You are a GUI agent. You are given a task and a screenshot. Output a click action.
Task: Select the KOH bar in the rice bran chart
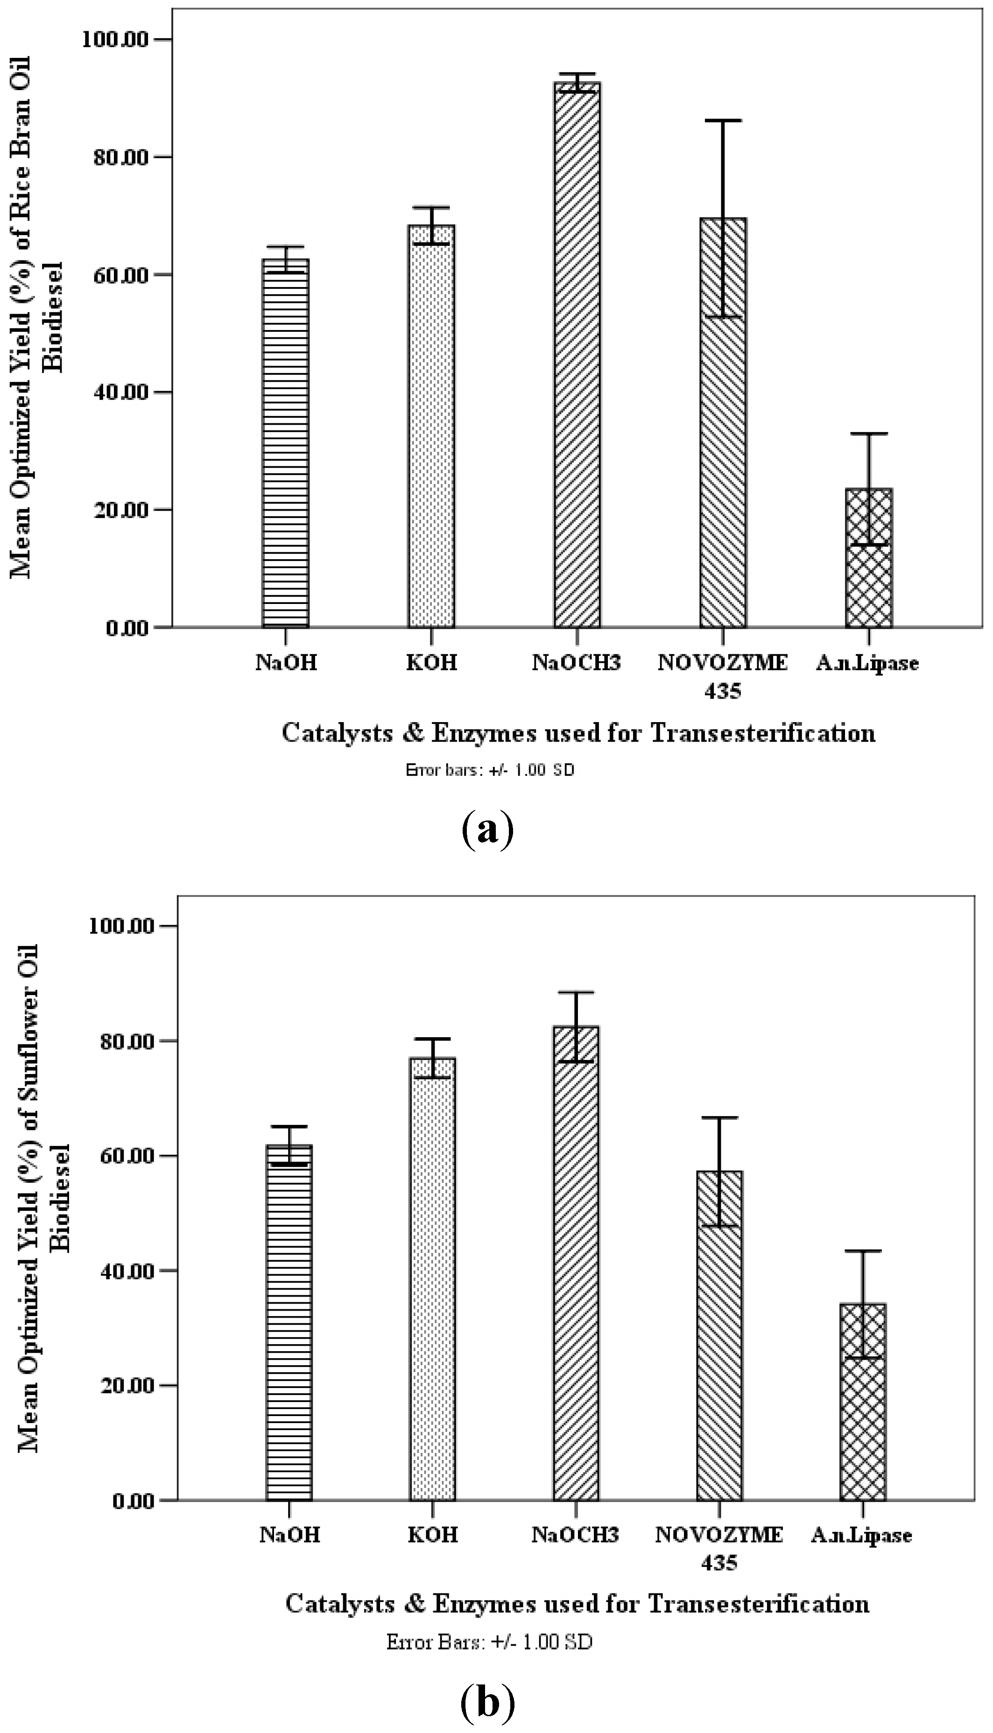432,426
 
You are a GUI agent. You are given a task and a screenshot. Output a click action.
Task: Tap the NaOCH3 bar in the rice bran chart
577,355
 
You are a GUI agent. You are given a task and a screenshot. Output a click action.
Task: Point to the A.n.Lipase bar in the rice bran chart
869,558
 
